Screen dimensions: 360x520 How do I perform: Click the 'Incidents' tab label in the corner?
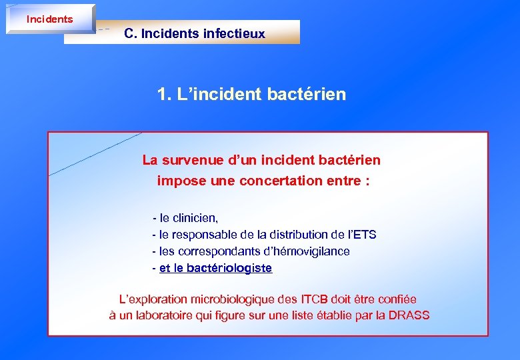49,19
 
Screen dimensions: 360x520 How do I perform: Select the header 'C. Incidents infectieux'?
195,33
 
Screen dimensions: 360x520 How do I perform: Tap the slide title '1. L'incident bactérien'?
252,94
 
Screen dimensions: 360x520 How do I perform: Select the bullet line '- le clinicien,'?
185,218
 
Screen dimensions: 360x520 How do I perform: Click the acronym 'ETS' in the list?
364,235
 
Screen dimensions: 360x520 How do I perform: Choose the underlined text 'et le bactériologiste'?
215,268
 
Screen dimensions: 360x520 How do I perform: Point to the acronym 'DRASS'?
409,315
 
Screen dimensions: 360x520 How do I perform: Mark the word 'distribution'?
297,235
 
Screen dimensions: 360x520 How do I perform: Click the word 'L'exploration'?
153,299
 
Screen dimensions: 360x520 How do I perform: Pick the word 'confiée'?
397,299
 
